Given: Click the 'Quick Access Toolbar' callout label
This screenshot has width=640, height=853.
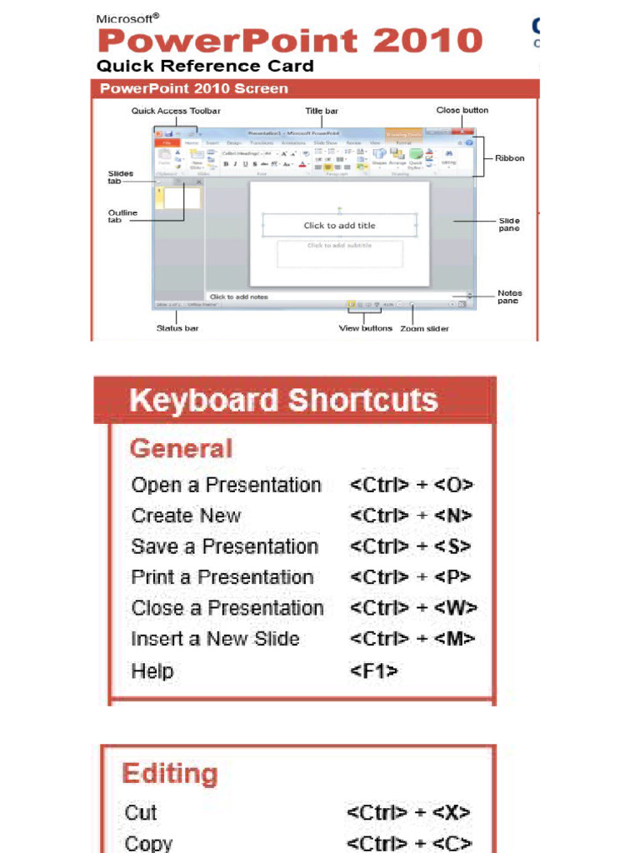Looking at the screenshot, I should click(x=176, y=111).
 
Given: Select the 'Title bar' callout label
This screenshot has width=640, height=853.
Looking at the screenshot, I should click(x=322, y=111).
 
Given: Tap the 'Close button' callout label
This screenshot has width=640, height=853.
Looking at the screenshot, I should click(x=462, y=110).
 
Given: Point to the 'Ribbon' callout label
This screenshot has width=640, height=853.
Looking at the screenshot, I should click(x=510, y=158).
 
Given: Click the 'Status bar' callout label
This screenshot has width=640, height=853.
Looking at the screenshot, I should click(x=177, y=328).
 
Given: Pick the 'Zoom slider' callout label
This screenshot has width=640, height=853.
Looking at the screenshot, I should click(x=424, y=329).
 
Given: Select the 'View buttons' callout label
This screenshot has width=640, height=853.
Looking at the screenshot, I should click(x=365, y=328).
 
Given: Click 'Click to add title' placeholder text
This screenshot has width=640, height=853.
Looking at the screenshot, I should click(x=339, y=225).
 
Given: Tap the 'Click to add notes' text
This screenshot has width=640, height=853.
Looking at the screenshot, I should click(x=238, y=297).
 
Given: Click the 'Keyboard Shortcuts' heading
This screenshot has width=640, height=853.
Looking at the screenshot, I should click(x=283, y=401).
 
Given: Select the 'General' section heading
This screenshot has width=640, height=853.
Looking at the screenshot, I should click(x=181, y=449).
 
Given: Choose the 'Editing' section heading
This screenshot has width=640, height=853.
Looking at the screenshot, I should click(x=170, y=774).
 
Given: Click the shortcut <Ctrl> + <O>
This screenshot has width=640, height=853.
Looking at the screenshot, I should click(x=412, y=485).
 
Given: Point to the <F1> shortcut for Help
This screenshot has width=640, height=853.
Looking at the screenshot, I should click(x=373, y=671).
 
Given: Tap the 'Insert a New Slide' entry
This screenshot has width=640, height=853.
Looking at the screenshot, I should click(x=215, y=640).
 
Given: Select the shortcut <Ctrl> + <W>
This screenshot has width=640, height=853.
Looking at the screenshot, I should click(x=413, y=608).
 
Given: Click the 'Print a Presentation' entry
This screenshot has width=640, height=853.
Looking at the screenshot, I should click(x=222, y=577).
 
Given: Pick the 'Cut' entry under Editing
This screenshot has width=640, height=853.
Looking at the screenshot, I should click(x=141, y=812).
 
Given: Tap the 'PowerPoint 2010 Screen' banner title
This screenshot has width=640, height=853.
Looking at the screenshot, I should click(x=194, y=88).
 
